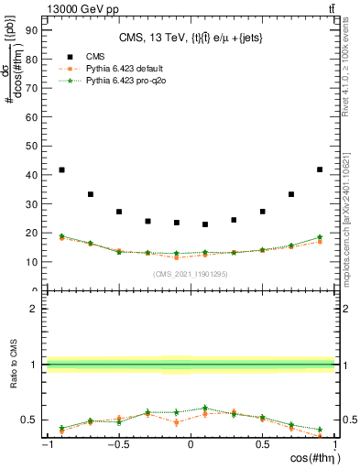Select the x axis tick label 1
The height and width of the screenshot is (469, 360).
[334, 445]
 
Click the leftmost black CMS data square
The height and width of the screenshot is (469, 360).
[61, 169]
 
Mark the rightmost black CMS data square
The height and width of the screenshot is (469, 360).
[320, 169]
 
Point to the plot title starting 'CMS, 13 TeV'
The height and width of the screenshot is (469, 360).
[190, 38]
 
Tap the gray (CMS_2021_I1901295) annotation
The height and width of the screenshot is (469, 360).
[191, 275]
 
